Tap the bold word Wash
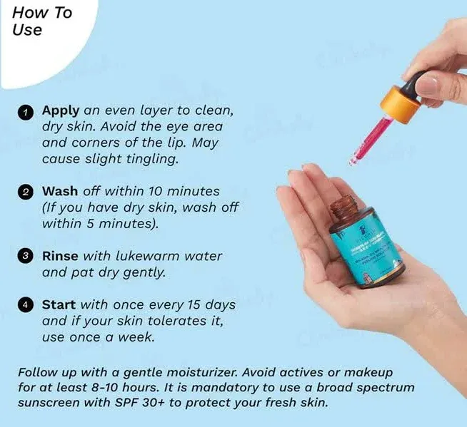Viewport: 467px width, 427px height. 60,192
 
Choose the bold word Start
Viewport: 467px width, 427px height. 59,304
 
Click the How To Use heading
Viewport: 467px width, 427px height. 42,22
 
